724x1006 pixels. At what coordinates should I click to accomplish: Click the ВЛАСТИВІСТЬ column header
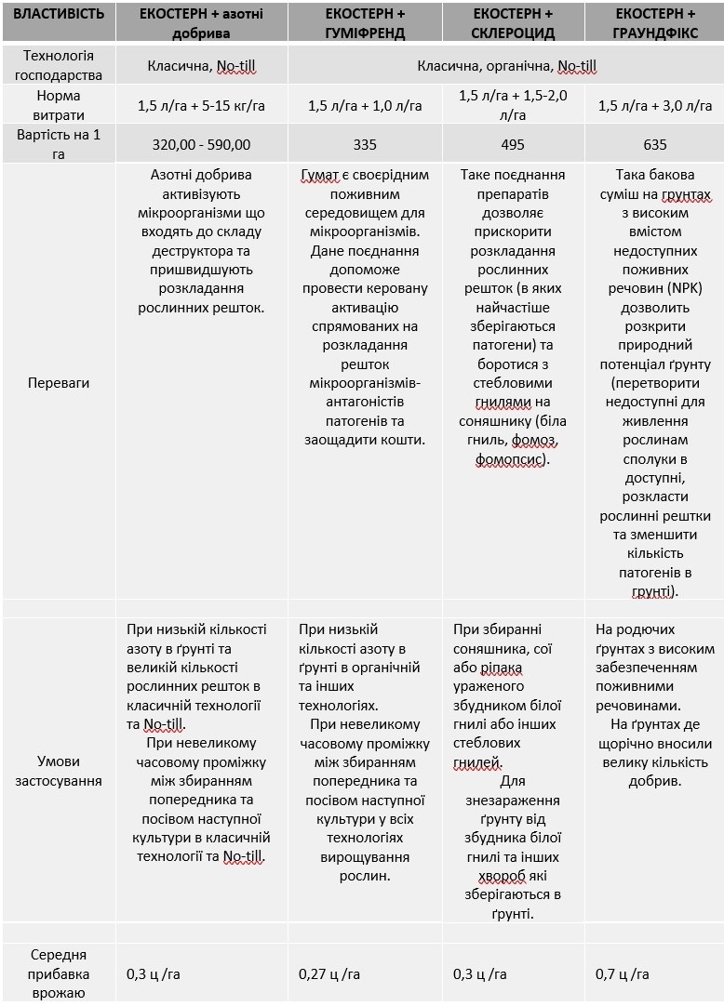[x=59, y=15]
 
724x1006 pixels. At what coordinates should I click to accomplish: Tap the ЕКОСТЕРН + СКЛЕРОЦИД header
[x=513, y=23]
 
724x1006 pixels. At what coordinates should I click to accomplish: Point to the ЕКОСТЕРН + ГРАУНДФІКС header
[x=655, y=23]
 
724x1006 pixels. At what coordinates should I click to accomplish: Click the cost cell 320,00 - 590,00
[x=201, y=144]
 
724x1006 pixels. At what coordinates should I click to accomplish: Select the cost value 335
[x=365, y=144]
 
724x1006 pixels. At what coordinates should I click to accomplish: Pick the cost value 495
[x=513, y=144]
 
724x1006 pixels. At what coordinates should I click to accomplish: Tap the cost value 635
[x=655, y=144]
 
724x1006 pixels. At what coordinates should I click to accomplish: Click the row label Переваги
[x=59, y=382]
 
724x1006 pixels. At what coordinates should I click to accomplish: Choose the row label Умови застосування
[x=59, y=770]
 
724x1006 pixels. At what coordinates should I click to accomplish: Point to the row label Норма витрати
[x=59, y=105]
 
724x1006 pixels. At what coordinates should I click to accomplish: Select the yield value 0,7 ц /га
[x=623, y=973]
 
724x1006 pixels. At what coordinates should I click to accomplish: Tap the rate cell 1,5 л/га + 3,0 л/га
[x=655, y=105]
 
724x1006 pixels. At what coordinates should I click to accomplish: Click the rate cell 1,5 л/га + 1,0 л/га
[x=365, y=105]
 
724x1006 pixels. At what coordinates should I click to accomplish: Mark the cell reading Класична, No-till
[x=201, y=66]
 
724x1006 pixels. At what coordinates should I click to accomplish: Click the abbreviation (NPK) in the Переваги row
[x=682, y=288]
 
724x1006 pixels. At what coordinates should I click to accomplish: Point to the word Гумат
[x=319, y=175]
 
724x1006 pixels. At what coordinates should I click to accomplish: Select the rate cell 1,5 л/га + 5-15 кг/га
[x=201, y=105]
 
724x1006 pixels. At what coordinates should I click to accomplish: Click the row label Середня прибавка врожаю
[x=59, y=973]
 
